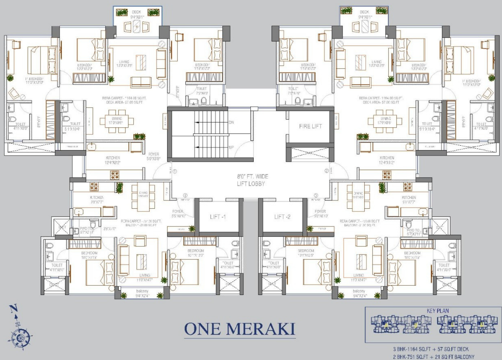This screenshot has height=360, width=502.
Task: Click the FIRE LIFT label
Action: [310, 126]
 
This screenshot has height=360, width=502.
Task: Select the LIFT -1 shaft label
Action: [218, 217]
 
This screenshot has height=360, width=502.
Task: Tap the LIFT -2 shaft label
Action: [282, 217]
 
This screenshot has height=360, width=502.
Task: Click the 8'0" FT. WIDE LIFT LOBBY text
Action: [252, 180]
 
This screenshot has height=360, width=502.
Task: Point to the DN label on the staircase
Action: [231, 122]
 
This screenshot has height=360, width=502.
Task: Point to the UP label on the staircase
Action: [231, 147]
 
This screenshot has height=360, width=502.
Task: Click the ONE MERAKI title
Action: [240, 329]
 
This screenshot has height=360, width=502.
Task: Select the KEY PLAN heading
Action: [437, 311]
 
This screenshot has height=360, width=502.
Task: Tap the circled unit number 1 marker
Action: [175, 172]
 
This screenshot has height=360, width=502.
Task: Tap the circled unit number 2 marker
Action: [326, 171]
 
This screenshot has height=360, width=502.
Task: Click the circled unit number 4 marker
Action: [185, 196]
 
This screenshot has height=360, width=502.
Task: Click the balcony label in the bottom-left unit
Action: [142, 291]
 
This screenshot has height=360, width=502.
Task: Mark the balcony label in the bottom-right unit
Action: [359, 291]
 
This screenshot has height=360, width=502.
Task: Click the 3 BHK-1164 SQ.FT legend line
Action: [431, 349]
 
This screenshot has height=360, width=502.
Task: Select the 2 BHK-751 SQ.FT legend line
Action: [433, 357]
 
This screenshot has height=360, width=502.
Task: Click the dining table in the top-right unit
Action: [385, 121]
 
